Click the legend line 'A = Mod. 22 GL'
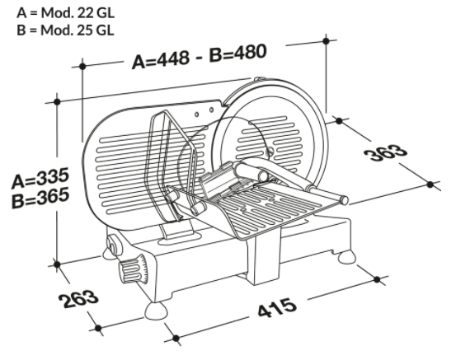tap(65, 13)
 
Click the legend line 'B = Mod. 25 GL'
tap(65, 30)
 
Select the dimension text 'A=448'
tap(161, 59)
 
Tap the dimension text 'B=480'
tap(237, 54)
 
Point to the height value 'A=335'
tap(40, 178)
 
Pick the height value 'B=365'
tap(40, 198)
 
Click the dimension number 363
tap(386, 152)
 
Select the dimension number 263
tap(78, 299)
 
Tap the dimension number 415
tap(277, 308)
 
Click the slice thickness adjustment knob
tap(134, 269)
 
